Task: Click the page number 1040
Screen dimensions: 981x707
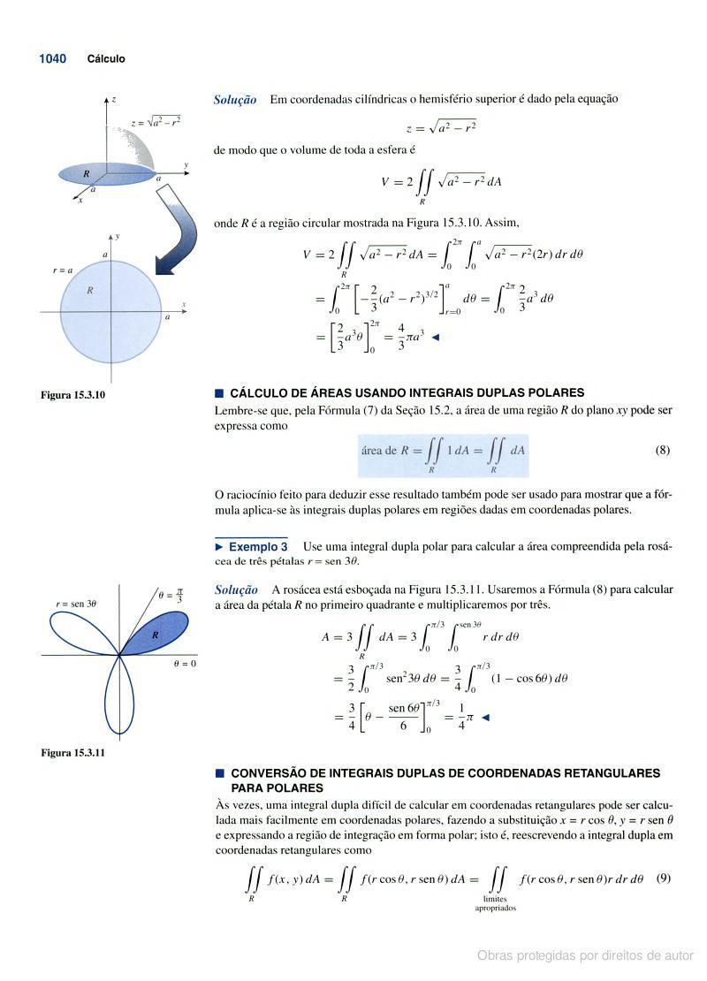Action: (x=52, y=59)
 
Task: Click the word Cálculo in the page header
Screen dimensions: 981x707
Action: (x=106, y=59)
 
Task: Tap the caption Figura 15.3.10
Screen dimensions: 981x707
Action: (x=73, y=394)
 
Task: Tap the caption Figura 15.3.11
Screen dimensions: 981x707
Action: (x=73, y=753)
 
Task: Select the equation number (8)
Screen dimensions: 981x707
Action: (x=662, y=450)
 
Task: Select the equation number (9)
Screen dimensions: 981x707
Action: (x=664, y=878)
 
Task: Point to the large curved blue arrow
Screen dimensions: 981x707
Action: (x=181, y=230)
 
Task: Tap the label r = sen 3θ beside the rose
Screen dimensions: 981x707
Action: (x=76, y=604)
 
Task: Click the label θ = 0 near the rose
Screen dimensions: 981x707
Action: (x=184, y=663)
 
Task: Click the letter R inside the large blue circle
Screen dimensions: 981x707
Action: (x=88, y=290)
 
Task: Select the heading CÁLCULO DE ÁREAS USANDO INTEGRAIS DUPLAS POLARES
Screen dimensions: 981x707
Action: (x=407, y=392)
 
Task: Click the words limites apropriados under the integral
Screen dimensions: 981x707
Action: (x=496, y=903)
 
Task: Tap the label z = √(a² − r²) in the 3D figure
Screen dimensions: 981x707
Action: (x=156, y=121)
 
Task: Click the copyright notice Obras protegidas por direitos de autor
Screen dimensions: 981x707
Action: (x=585, y=955)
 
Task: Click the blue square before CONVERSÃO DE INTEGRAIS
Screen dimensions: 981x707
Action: (x=219, y=773)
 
